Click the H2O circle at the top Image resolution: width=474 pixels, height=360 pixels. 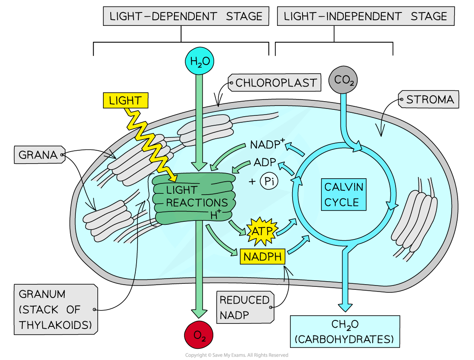coord(200,61)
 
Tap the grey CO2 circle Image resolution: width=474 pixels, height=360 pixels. coord(343,80)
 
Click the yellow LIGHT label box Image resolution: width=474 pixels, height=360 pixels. coord(125,101)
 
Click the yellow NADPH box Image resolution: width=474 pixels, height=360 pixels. coord(263,257)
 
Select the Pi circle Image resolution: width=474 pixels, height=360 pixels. coord(269,182)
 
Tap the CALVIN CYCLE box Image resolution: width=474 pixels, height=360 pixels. coord(343,195)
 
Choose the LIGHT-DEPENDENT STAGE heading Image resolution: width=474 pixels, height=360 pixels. coord(186,16)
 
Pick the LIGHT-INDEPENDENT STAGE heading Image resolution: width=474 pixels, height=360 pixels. coord(365,16)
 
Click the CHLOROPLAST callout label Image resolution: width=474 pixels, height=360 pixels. coord(276,82)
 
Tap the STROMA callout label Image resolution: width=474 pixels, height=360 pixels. coord(429,100)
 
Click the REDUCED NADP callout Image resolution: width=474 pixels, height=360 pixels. coord(244,307)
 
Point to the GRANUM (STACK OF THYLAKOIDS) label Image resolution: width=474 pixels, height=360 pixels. coord(55,310)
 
